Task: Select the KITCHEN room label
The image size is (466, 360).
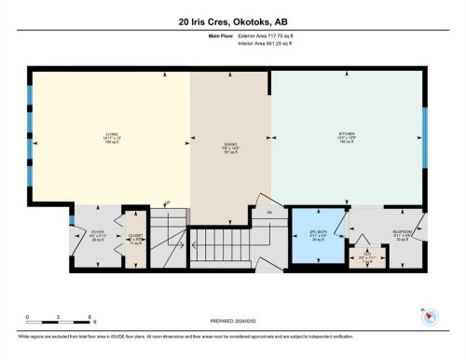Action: click(x=347, y=139)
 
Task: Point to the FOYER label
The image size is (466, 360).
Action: click(x=98, y=235)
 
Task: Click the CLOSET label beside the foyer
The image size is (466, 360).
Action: click(x=136, y=237)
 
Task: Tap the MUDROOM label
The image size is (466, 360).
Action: click(x=403, y=234)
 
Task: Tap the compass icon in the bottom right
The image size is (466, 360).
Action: click(x=430, y=318)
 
